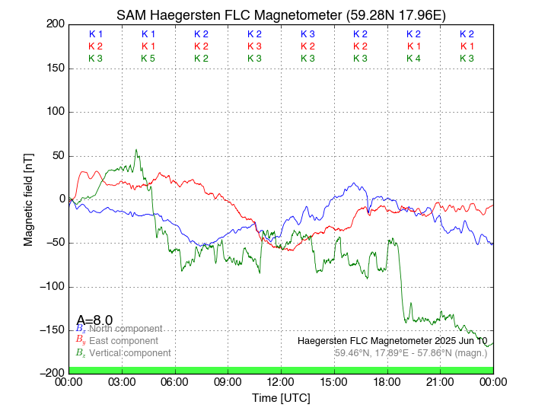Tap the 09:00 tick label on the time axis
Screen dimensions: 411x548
(228, 381)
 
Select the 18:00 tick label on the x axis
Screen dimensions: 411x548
(387, 381)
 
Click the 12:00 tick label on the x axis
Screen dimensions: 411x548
(281, 381)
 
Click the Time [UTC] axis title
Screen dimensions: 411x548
(281, 397)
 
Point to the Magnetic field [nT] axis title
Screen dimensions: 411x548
(29, 199)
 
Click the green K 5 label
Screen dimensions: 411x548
(148, 59)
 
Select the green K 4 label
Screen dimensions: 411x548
(413, 59)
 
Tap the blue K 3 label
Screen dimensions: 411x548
(307, 34)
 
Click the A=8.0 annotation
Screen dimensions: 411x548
(94, 320)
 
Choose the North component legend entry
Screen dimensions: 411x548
(123, 329)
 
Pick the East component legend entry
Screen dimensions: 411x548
(123, 341)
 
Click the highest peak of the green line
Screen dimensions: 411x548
(136, 150)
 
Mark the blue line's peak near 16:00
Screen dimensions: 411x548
(354, 183)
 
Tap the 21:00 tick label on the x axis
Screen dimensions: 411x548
(440, 381)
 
